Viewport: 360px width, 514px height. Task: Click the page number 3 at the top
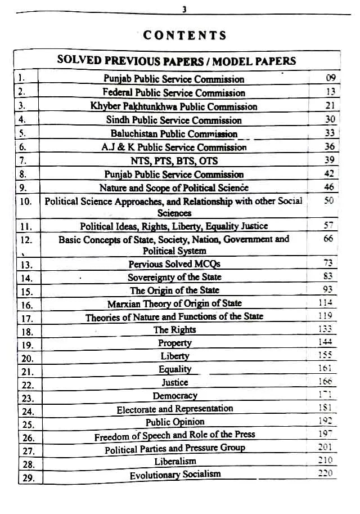pos(184,9)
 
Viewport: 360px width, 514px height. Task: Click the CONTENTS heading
pos(184,35)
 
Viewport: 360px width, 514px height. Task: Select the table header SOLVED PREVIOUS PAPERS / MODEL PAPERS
pos(177,61)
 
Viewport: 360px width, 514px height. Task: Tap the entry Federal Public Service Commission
pos(174,93)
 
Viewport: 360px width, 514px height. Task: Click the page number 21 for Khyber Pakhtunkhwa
pos(330,106)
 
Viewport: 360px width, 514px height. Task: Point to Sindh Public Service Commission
pos(174,120)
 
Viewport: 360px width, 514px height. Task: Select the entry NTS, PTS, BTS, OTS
pos(174,160)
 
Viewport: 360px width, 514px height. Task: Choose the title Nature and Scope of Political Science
pos(174,187)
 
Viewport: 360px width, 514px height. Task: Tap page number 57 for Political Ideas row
pos(330,226)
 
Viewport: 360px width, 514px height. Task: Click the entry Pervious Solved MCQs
pos(174,263)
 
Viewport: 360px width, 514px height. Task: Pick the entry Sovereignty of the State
pos(174,277)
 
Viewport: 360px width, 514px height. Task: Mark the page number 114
pos(326,302)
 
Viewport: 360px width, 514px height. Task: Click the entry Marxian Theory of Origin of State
pos(174,303)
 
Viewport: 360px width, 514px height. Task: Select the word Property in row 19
pos(174,343)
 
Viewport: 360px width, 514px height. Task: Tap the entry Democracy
pos(174,396)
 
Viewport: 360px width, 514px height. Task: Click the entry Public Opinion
pos(174,422)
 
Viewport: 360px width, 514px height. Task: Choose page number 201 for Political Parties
pos(325,447)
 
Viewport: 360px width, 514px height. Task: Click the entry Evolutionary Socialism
pos(175,475)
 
